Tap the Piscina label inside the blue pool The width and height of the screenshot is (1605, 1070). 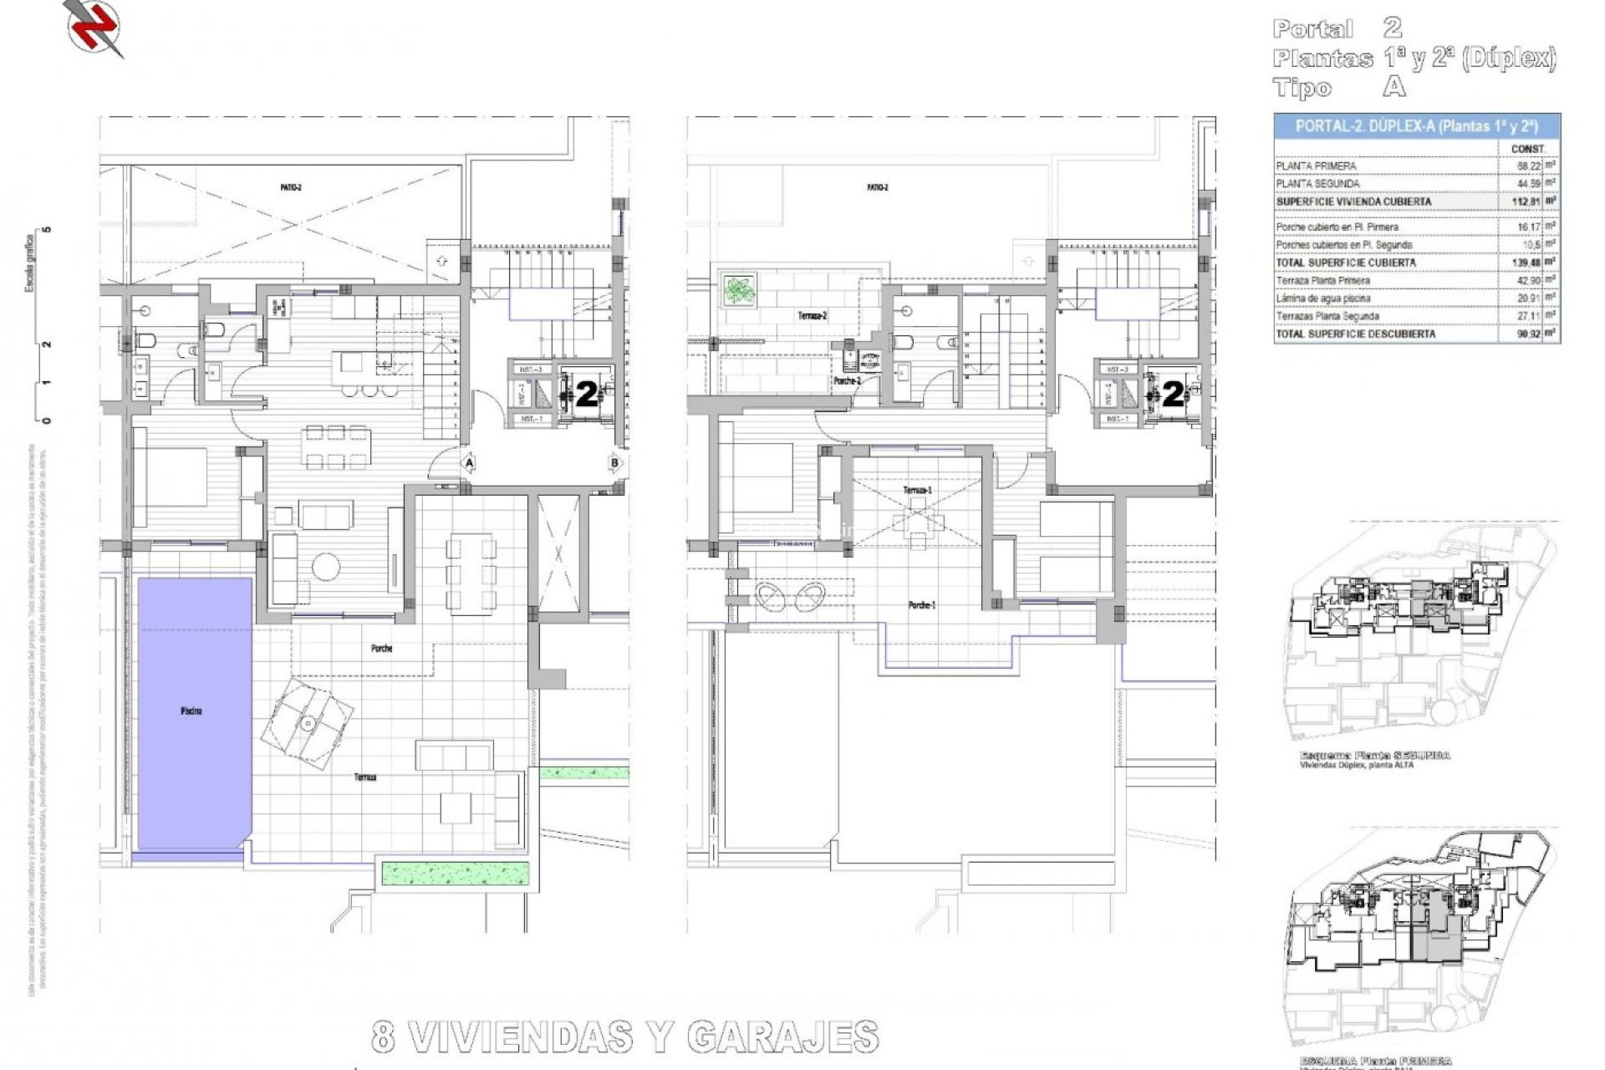pyautogui.click(x=191, y=711)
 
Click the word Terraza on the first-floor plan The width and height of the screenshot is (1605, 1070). pyautogui.click(x=364, y=777)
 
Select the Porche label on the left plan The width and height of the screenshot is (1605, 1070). pyautogui.click(x=381, y=648)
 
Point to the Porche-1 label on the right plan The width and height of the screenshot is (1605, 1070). pyautogui.click(x=921, y=605)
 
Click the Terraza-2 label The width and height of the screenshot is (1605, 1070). pyautogui.click(x=812, y=316)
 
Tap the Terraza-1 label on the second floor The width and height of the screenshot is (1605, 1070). pyautogui.click(x=917, y=490)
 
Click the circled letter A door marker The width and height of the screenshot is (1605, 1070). pyautogui.click(x=470, y=462)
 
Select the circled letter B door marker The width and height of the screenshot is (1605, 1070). pyautogui.click(x=615, y=462)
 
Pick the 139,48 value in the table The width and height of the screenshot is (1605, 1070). pyautogui.click(x=1526, y=262)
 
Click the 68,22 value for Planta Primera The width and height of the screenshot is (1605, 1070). pyautogui.click(x=1528, y=166)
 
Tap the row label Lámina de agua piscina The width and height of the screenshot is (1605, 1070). pyautogui.click(x=1322, y=298)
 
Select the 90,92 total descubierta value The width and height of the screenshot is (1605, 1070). pyautogui.click(x=1527, y=334)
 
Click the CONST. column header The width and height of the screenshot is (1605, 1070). pyautogui.click(x=1528, y=149)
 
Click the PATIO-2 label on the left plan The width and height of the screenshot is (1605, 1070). pyautogui.click(x=291, y=188)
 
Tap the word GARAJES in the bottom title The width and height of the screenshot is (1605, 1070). pyautogui.click(x=782, y=1037)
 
